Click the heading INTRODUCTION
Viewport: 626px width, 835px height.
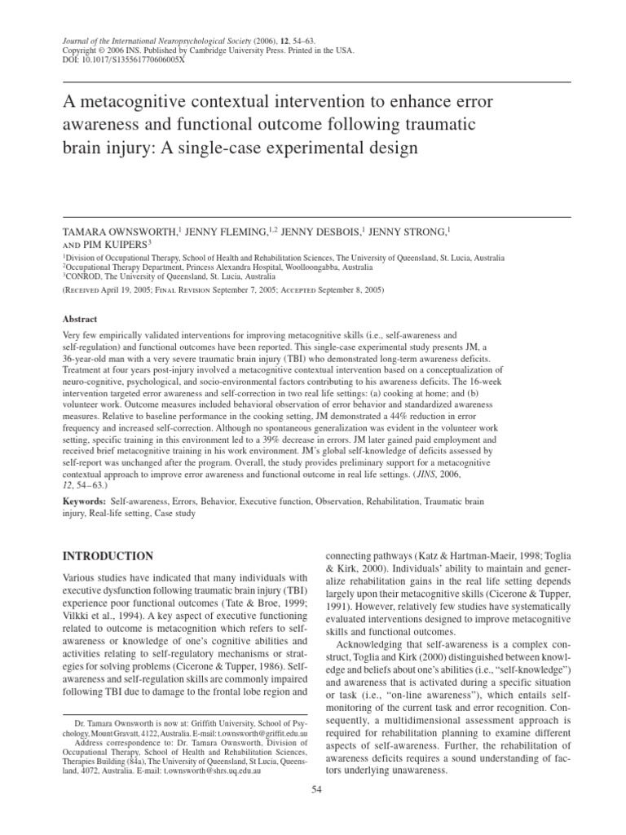pos(108,556)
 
